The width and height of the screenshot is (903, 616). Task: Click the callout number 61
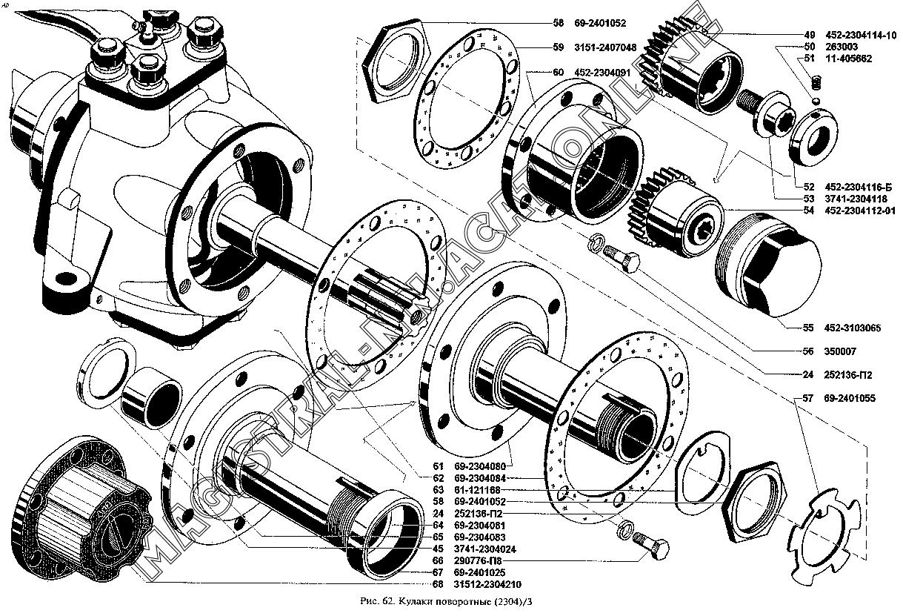click(437, 466)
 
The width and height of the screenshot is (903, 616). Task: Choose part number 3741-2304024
click(484, 549)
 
